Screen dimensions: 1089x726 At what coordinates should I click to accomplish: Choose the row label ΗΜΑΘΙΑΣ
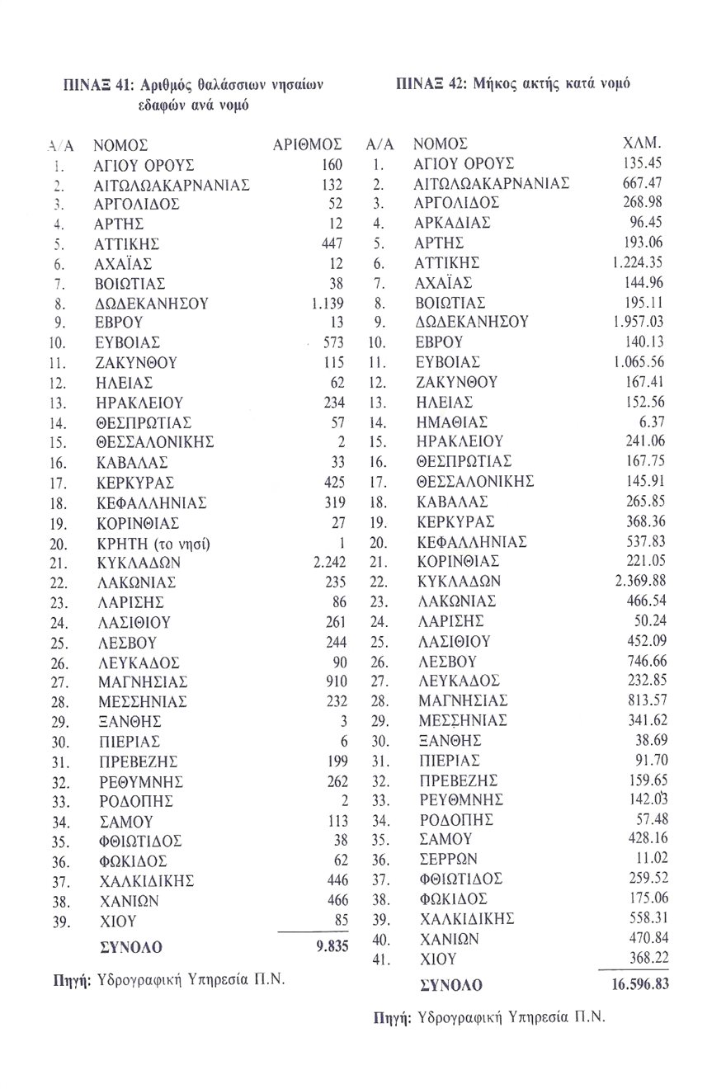[450, 422]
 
